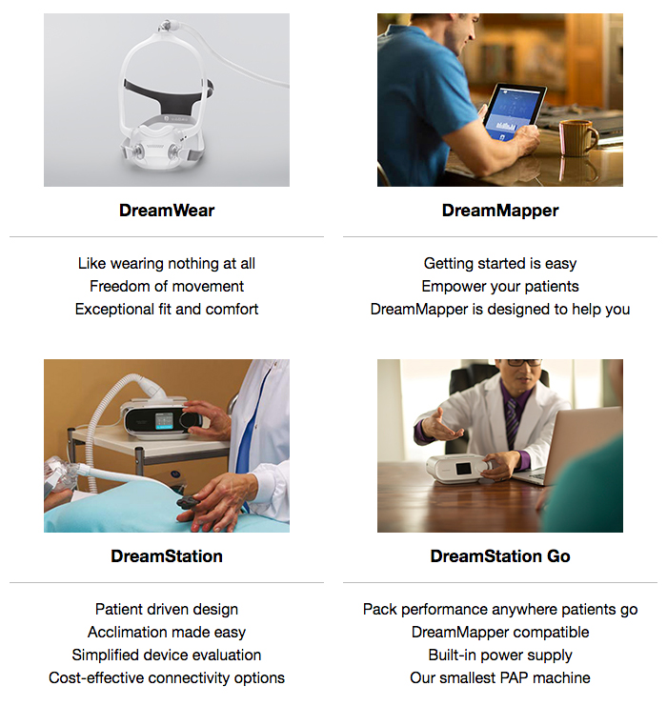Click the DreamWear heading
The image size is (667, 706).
(167, 211)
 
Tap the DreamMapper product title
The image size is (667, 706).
(500, 211)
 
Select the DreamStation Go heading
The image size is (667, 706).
(500, 556)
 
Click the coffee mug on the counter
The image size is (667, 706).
(577, 138)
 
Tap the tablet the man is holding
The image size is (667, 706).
(513, 112)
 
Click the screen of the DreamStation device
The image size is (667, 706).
(164, 421)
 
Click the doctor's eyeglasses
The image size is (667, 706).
(524, 362)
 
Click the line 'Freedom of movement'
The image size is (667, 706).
(167, 287)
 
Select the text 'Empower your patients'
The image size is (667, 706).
(500, 287)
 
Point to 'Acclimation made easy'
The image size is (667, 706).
(167, 632)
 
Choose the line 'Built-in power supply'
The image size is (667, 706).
(500, 656)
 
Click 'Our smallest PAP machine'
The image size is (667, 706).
(500, 677)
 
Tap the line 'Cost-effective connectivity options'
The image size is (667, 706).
(167, 678)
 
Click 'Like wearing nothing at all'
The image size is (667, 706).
(167, 263)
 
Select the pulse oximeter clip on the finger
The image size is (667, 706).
(191, 502)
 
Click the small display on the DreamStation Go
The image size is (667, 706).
(463, 469)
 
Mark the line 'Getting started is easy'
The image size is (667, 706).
(500, 263)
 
